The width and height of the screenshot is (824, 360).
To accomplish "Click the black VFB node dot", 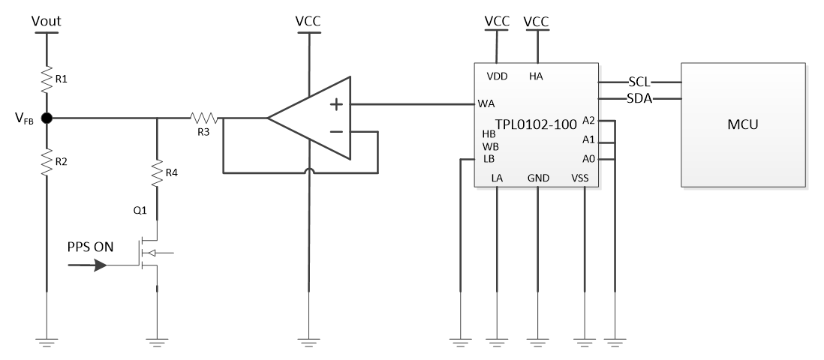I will click(x=47, y=118).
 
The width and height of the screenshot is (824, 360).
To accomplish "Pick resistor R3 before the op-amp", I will click(x=204, y=118).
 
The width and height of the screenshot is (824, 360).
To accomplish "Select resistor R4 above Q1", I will click(x=157, y=173).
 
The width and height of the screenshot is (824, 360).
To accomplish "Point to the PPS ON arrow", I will click(x=95, y=265).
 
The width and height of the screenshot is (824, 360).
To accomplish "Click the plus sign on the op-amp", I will click(x=336, y=104).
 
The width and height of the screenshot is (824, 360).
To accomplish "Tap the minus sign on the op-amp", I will click(x=336, y=132).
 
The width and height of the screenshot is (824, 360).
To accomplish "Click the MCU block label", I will click(x=744, y=124).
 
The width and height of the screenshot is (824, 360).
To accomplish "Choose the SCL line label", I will click(x=639, y=82).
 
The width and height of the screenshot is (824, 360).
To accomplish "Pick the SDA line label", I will click(x=639, y=98).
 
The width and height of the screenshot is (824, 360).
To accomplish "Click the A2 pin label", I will click(x=588, y=120).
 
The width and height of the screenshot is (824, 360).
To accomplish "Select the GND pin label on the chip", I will click(x=538, y=178).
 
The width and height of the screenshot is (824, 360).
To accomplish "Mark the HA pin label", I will click(x=536, y=76).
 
